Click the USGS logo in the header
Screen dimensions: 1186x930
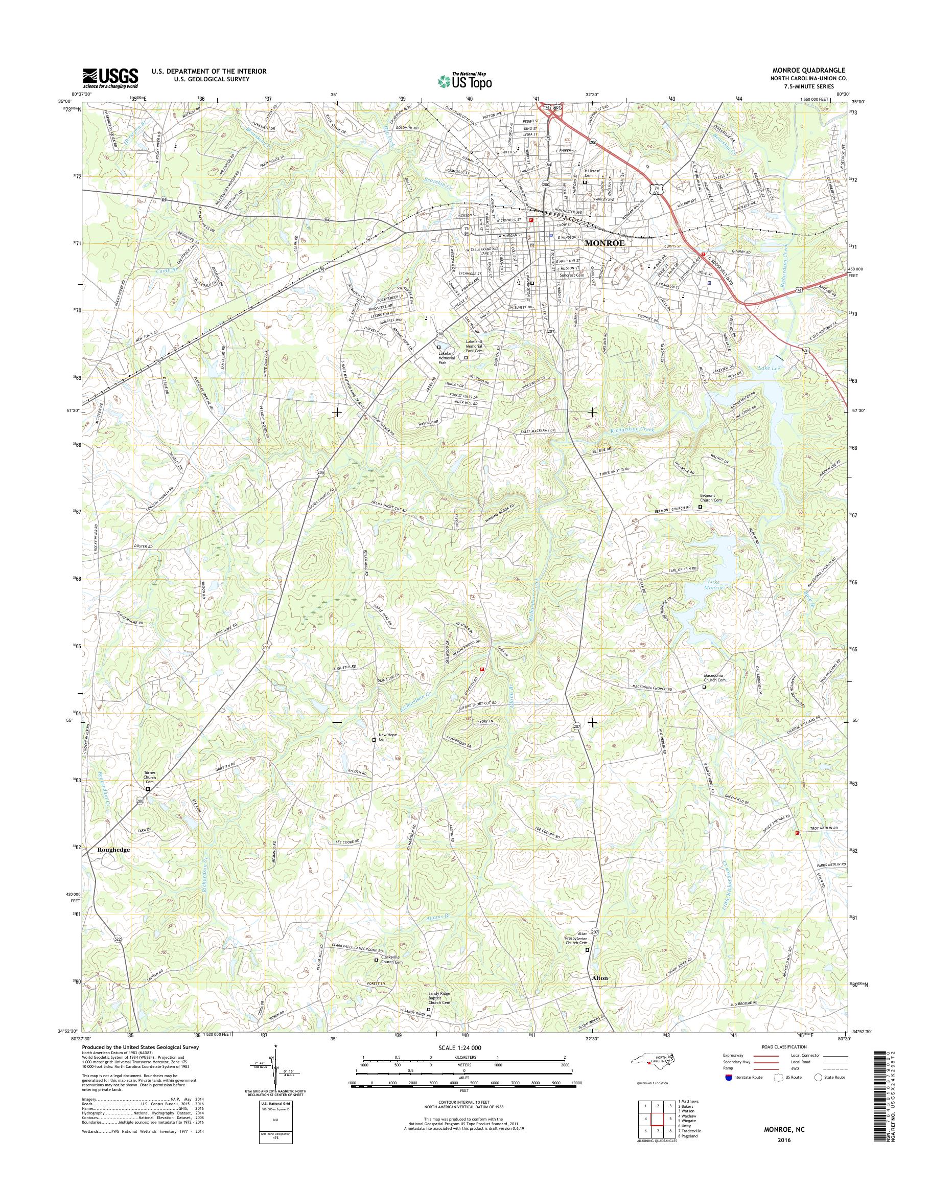pyautogui.click(x=110, y=78)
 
